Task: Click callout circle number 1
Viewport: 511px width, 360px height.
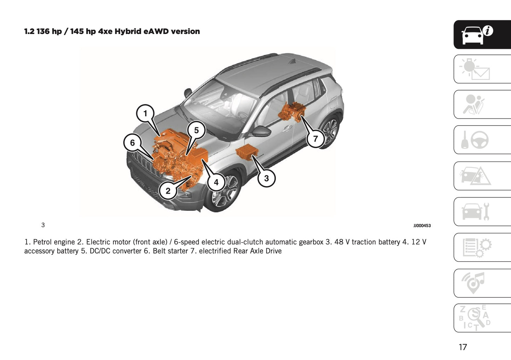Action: tap(145, 114)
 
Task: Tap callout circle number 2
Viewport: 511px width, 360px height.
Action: tap(168, 191)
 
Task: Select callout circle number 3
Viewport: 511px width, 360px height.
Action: tap(266, 178)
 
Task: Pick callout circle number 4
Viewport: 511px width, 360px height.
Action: tap(216, 182)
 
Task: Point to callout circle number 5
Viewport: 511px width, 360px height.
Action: tap(196, 130)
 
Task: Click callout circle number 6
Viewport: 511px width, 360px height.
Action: tap(132, 143)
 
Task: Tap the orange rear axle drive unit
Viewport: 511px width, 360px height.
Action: tap(291, 112)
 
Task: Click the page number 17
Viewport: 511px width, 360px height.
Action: tap(463, 347)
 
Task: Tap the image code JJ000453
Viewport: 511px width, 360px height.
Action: tap(422, 226)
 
